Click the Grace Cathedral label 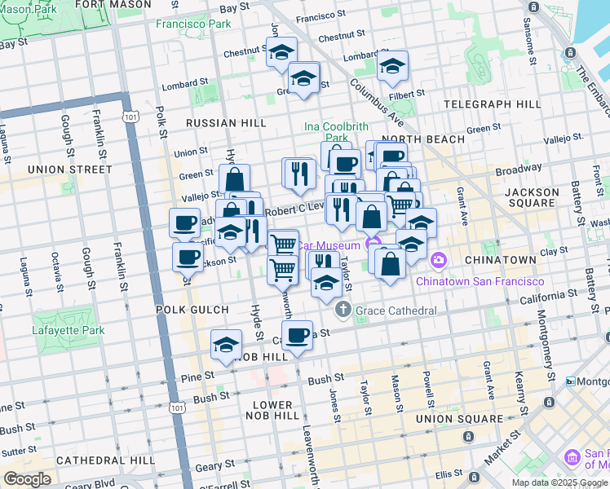coord(397,311)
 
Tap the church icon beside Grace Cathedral coord(343,311)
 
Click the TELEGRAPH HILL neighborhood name coord(493,104)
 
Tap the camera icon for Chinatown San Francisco coord(439,260)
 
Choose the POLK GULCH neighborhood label coord(186,311)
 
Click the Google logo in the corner coord(27,479)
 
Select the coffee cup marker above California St coord(297,334)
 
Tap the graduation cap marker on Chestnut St coord(281,52)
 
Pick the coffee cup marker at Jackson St coord(188,258)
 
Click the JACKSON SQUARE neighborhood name coord(532,198)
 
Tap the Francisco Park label coord(193,24)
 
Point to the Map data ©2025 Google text coord(559,482)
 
